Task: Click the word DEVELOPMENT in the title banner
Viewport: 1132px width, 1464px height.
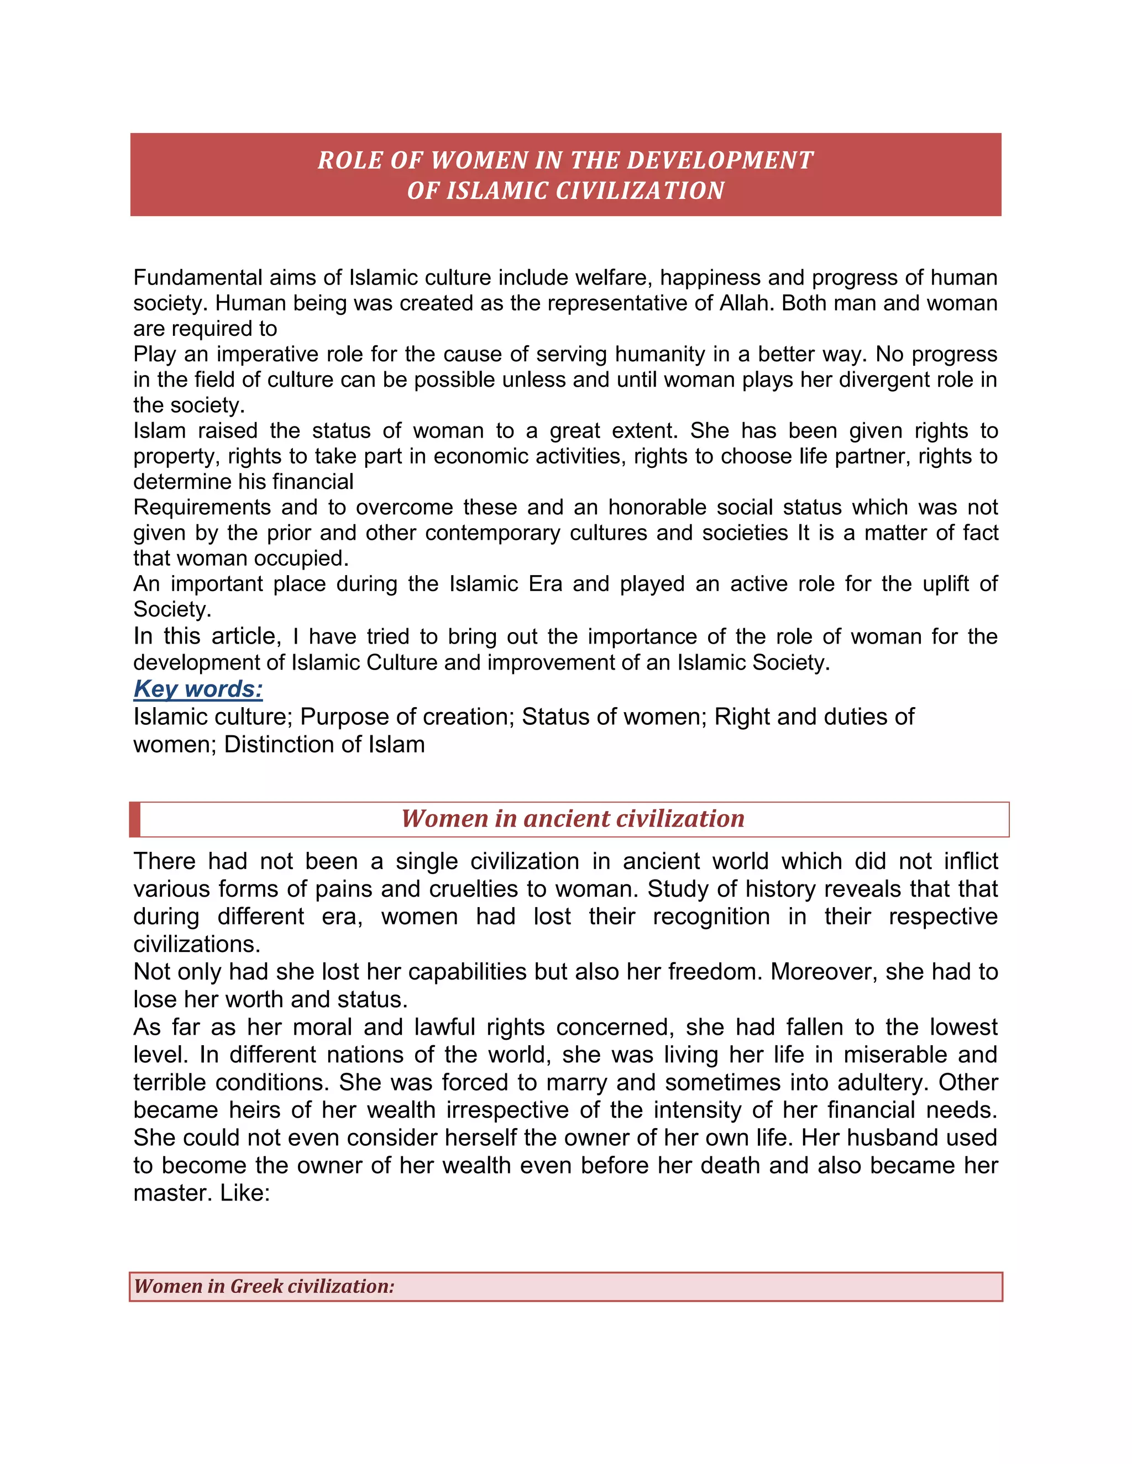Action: coord(720,160)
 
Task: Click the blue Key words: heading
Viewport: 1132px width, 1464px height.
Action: coord(198,689)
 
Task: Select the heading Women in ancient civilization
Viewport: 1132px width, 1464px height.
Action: coord(573,819)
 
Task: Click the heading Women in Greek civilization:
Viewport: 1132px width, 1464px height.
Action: coord(264,1286)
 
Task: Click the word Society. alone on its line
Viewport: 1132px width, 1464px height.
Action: coord(172,609)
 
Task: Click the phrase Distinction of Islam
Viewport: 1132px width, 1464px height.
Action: coord(324,744)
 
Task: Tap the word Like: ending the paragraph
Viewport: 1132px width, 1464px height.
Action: coord(244,1193)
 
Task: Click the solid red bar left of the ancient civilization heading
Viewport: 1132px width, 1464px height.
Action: coord(135,819)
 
